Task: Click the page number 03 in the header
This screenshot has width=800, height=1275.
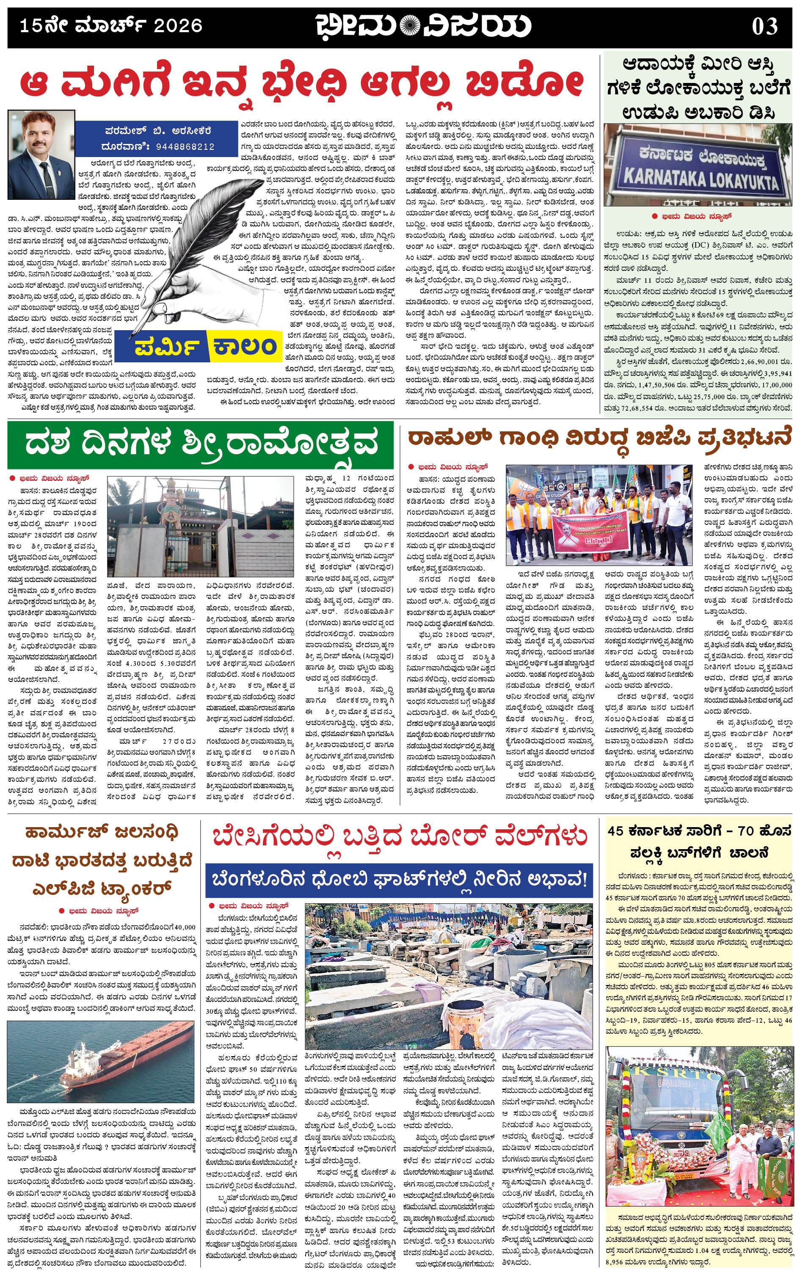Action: pos(765,26)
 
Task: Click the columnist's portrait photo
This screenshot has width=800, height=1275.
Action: pos(41,155)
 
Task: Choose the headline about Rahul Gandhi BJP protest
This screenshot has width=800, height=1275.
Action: pos(599,438)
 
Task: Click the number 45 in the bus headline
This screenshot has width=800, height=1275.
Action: pos(615,831)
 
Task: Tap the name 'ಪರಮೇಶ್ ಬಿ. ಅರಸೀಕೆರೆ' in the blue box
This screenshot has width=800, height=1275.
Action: pos(157,130)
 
